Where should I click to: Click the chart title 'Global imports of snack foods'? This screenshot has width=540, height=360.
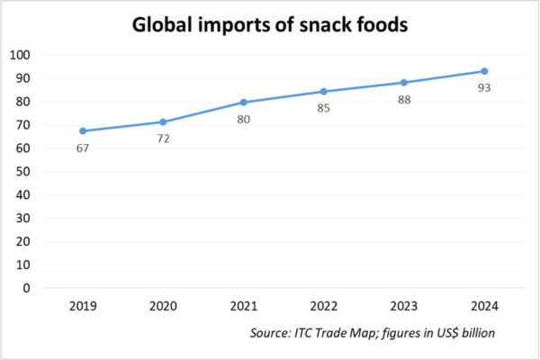270,26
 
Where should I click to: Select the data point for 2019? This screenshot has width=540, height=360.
83,130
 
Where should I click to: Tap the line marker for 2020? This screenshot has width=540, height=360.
163,121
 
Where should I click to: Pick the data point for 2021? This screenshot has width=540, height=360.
244,102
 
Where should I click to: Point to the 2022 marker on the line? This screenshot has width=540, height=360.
324,91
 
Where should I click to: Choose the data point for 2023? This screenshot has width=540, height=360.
404,83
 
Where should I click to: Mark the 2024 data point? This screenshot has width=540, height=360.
484,71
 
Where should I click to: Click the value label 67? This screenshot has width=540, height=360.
84,148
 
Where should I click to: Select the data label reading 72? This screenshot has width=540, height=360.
164,139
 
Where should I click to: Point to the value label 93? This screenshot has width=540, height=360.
485,88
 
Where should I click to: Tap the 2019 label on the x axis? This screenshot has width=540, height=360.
83,307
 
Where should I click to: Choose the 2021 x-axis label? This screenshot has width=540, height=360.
244,307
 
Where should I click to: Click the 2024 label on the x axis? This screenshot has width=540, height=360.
484,307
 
